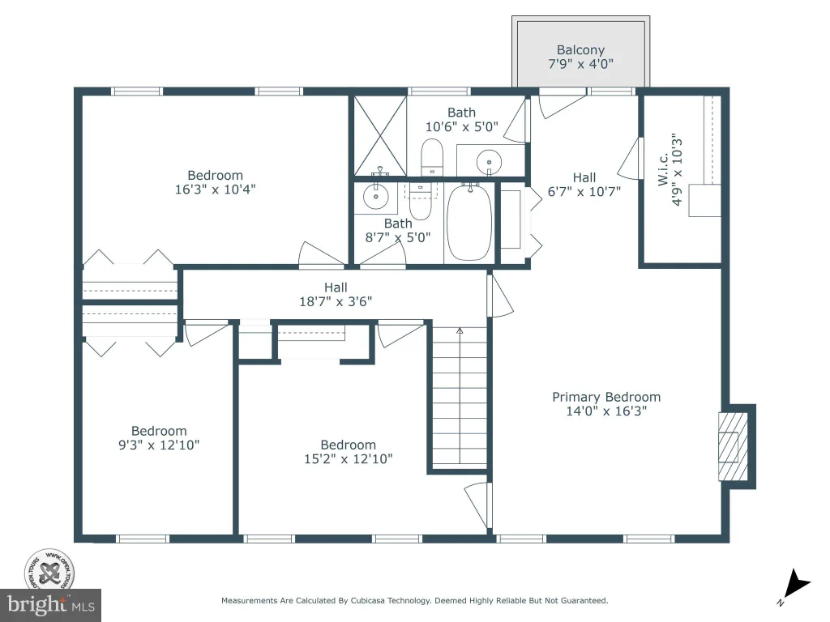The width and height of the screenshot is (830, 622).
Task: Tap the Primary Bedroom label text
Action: (606, 397)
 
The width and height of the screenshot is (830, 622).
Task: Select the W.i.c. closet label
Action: (663, 170)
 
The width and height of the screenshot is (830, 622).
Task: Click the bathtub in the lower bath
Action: (468, 222)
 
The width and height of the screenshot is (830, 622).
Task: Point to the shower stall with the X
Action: (380, 136)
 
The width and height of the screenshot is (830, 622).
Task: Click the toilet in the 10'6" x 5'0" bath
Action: (431, 157)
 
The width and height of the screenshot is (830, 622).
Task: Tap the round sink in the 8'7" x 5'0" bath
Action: (376, 197)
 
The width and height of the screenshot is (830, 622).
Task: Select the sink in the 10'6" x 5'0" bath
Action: (489, 161)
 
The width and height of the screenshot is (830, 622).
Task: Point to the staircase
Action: (460, 397)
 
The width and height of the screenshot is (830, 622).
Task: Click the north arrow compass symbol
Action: (795, 586)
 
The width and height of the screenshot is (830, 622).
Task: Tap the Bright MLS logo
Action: (50, 605)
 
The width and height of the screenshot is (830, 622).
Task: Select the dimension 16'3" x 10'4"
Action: (216, 190)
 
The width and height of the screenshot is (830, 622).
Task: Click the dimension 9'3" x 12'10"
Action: (159, 445)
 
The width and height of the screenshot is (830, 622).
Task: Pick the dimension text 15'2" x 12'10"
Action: (349, 459)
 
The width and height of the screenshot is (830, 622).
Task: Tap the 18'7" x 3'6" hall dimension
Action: (336, 301)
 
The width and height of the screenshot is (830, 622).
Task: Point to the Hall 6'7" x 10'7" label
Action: (584, 185)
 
